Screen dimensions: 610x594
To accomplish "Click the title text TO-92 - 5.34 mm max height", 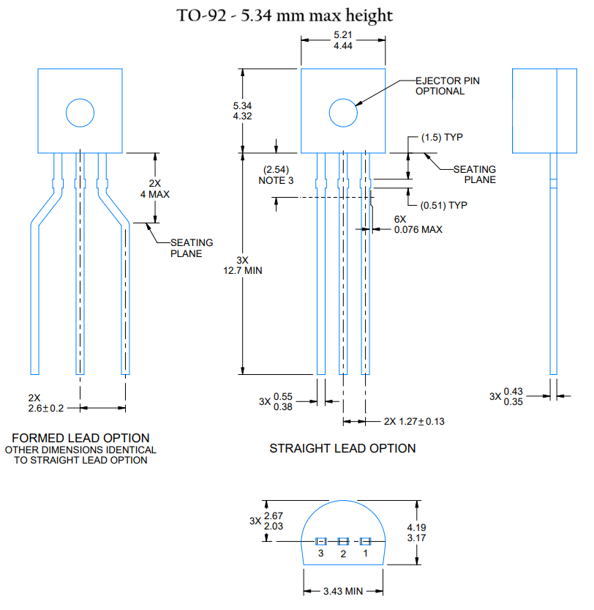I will pos(285,15).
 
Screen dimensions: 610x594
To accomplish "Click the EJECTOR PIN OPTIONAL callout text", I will pos(447,86).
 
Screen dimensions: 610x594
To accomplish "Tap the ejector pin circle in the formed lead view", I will pos(80,113).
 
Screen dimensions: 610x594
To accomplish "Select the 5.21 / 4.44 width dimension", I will pos(343,40).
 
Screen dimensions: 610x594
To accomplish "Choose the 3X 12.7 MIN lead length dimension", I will pos(249,264).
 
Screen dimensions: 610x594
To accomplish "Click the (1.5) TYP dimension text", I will pos(443,137).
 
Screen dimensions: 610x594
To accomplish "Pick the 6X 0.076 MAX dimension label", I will pos(418,224).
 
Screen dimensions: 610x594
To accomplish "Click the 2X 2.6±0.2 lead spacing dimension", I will pos(45,403).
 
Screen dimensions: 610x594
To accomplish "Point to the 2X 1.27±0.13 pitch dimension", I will pos(414,421).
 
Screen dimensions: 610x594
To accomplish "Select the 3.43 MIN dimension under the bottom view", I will pos(343,591).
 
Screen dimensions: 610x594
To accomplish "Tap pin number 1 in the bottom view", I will pos(366,554).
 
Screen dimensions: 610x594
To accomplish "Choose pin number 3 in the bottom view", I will pos(320,554).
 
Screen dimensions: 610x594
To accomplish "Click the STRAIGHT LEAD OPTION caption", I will pos(342,448).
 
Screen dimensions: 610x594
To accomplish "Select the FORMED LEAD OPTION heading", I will pos(80,438).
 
